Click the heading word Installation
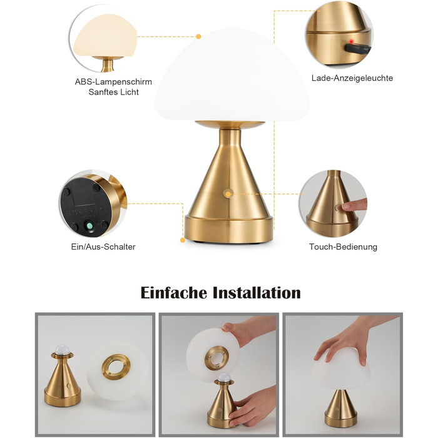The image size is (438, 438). pos(257,293)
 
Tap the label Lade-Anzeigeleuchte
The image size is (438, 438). pos(352,78)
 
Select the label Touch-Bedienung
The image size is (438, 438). pos(343,247)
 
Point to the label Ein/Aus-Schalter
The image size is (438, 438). pos(103,247)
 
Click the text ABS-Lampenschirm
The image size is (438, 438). pos(113,82)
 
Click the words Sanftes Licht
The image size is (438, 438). pos(113,92)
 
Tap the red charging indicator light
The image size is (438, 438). pos(352,41)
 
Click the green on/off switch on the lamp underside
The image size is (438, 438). pos(89,225)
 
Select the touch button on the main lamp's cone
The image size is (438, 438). pos(228,193)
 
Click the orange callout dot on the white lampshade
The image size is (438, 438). pos(198,36)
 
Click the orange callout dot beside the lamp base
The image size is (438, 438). pos(183,240)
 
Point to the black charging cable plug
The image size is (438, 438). pos(357,49)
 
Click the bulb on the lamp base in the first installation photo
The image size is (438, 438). pos(62,349)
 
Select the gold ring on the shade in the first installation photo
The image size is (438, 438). pos(116,367)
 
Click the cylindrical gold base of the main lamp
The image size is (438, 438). pos(229,229)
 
